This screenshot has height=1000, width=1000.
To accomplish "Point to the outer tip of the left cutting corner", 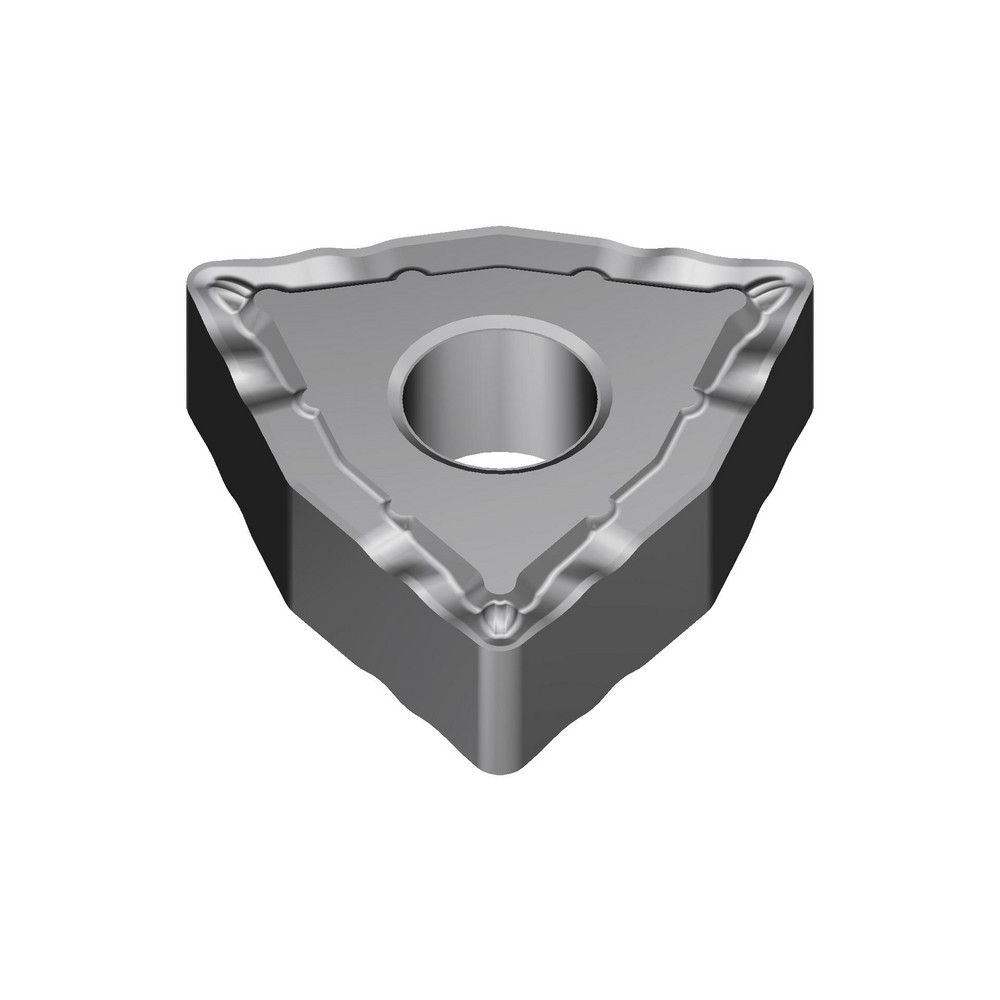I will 195,275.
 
